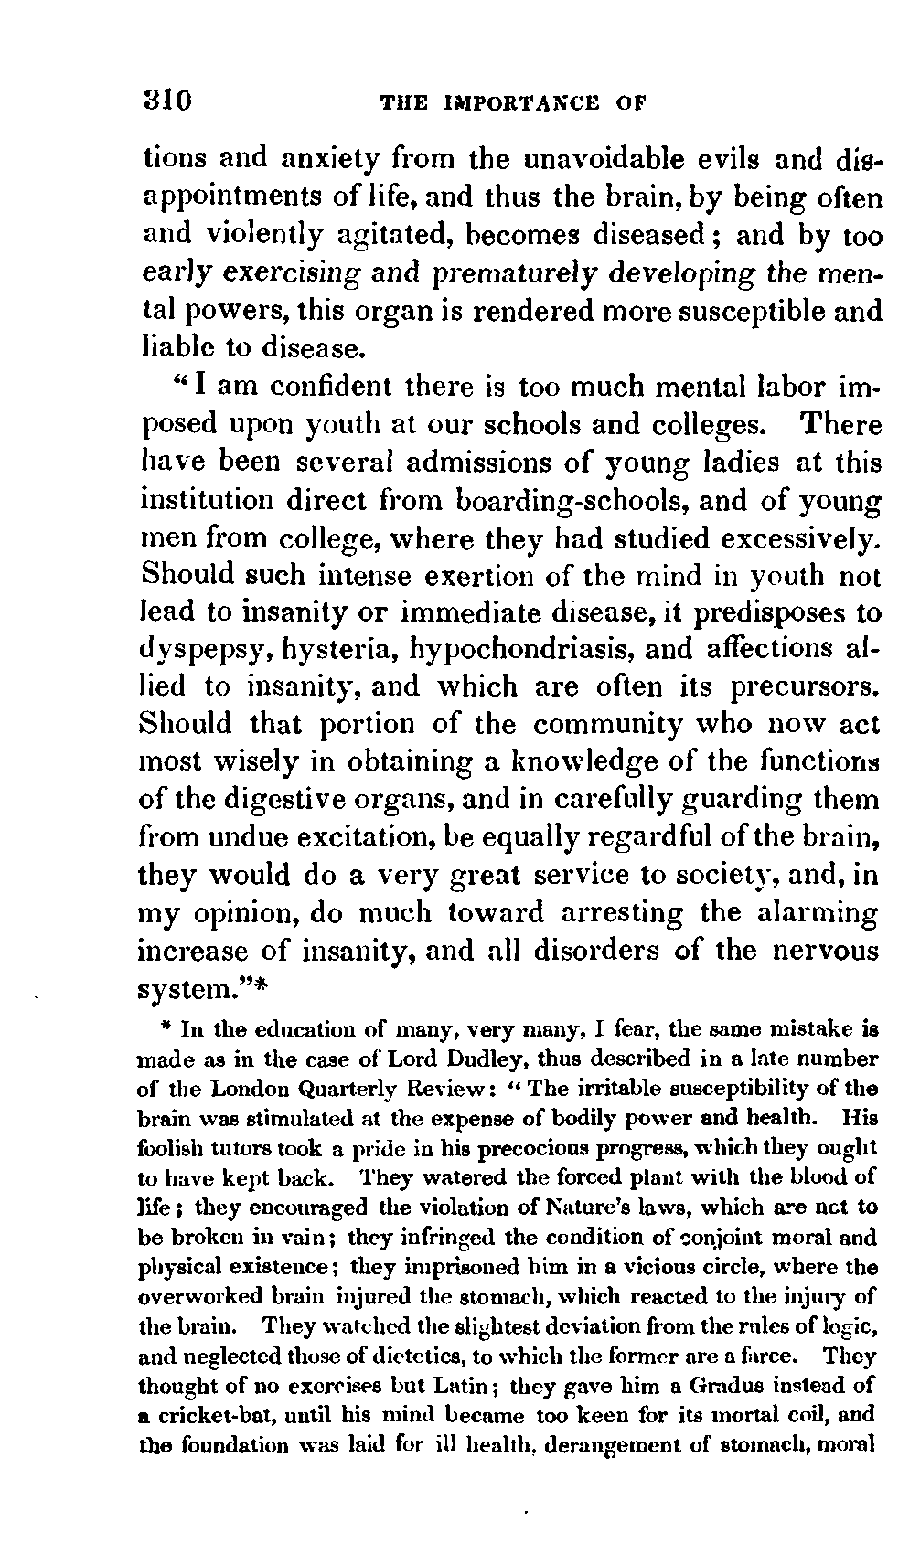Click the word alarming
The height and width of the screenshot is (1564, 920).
[818, 913]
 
